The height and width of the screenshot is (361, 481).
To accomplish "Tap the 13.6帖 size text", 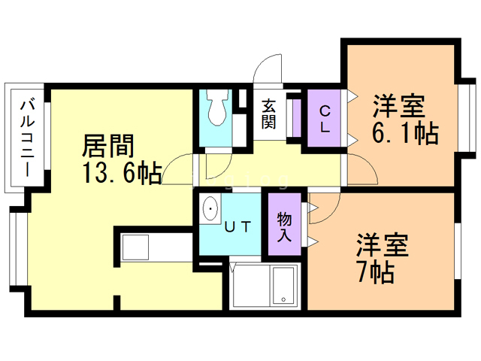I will [x=122, y=174].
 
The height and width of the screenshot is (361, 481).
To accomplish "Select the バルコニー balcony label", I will [x=27, y=136].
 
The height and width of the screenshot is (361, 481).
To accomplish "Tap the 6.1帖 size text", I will [x=406, y=135].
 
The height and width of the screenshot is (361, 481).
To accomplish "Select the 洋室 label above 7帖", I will [x=382, y=246].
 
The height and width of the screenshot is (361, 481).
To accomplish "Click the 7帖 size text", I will [x=376, y=272].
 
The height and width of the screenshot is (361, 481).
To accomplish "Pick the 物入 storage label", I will [x=284, y=226].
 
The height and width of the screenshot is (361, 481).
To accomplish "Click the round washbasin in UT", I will [x=211, y=208].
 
